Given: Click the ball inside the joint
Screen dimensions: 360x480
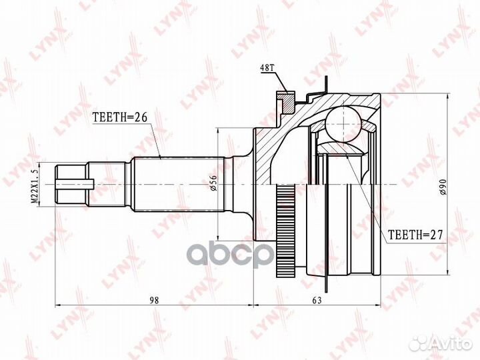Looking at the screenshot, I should pyautogui.click(x=342, y=123).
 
